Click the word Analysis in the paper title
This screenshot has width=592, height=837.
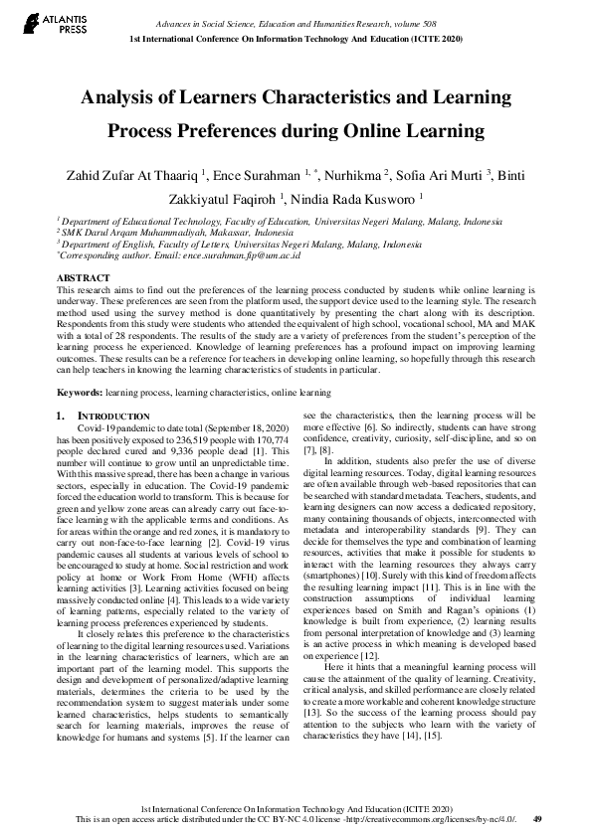tap(123, 98)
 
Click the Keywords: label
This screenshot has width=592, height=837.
tap(80, 394)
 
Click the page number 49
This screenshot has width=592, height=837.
tap(537, 818)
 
